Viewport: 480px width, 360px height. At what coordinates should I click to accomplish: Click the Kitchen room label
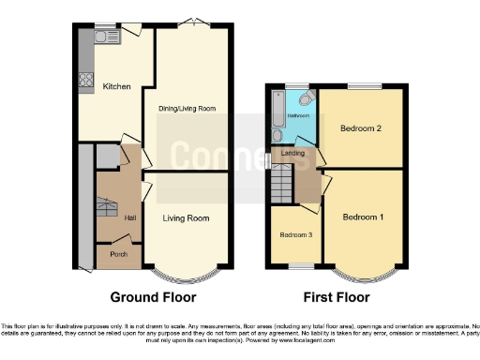(116, 86)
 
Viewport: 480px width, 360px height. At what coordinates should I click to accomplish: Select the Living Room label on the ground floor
(186, 218)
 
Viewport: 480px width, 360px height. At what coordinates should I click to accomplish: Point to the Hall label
(129, 218)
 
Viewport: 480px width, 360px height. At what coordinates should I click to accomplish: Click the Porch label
(117, 254)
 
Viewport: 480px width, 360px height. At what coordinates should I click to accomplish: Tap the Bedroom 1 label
(362, 217)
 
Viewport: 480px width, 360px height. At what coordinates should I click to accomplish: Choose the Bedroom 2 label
(360, 128)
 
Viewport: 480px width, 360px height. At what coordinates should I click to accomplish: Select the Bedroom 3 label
(296, 234)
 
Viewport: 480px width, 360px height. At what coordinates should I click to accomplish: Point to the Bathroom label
(298, 115)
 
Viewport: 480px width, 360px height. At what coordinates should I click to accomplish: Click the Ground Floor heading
(153, 297)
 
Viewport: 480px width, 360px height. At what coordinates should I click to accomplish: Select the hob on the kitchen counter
(84, 80)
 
